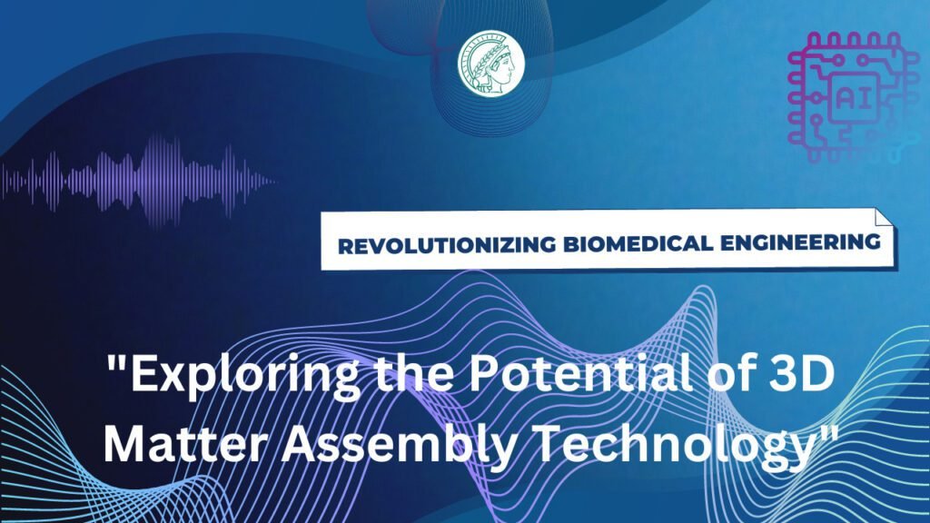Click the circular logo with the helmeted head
(x=490, y=62)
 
